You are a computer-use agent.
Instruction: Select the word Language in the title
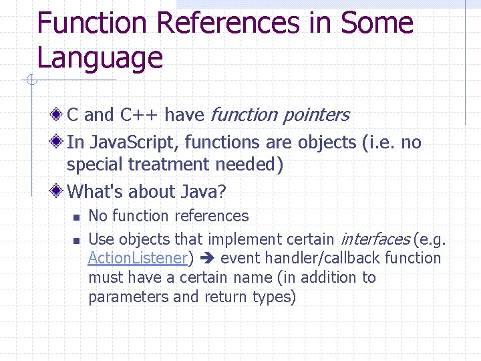pyautogui.click(x=100, y=57)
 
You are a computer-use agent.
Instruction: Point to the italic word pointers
pyautogui.click(x=315, y=115)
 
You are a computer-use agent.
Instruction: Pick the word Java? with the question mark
pyautogui.click(x=203, y=192)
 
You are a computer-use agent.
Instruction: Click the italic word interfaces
pyautogui.click(x=375, y=239)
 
